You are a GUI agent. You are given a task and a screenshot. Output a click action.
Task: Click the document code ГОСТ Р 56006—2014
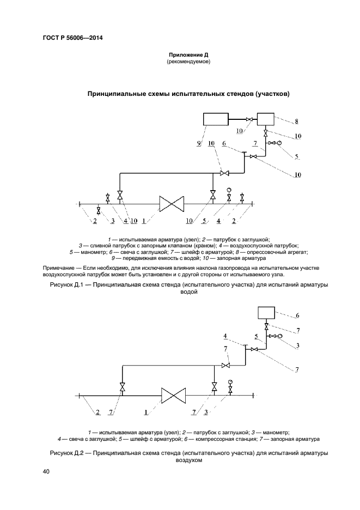72,38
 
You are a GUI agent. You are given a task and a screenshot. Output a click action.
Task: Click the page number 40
46,472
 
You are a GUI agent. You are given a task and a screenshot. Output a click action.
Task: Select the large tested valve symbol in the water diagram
172,204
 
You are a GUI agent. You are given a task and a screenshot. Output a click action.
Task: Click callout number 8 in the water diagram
296,122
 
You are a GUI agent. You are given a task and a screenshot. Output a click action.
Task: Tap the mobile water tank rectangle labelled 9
215,119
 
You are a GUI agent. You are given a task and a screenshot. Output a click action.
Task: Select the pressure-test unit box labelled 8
266,119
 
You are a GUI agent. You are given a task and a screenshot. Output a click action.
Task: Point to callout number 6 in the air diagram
297,315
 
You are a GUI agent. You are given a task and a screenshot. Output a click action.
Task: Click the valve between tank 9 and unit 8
249,119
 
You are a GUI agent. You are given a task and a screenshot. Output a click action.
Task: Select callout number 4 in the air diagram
225,336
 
